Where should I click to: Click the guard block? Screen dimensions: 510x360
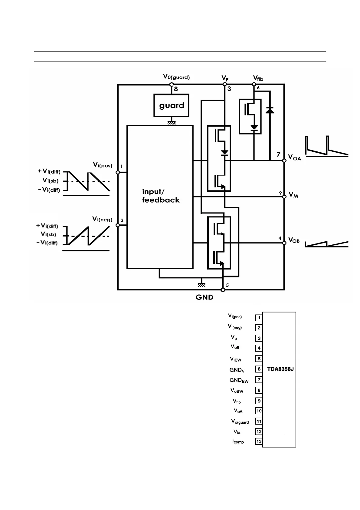(171, 105)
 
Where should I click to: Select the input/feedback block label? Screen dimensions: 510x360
(161, 196)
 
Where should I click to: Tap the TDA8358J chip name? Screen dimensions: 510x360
(280, 369)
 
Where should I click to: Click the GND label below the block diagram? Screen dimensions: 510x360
(205, 297)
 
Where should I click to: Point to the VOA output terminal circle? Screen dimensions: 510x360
(284, 161)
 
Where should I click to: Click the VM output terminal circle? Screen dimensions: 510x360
(284, 197)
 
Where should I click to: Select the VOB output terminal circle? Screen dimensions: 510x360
(284, 243)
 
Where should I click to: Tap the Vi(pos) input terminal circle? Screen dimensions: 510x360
(118, 172)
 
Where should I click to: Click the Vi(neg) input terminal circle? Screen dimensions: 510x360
(118, 225)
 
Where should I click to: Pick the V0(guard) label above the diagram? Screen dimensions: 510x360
(176, 77)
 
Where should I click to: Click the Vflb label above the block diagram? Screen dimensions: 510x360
(258, 79)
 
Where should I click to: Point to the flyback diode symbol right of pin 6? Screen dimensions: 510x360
(270, 111)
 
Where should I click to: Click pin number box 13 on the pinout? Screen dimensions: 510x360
(259, 442)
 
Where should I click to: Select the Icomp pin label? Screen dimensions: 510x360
(238, 442)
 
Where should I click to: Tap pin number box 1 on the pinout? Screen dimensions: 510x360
(259, 318)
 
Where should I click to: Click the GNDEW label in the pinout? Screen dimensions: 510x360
(239, 380)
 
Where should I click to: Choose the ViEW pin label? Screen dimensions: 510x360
(236, 359)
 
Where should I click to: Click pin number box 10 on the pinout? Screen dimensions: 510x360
(259, 411)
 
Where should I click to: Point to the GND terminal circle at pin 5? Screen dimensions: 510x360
(223, 290)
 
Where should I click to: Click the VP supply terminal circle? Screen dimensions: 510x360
(224, 84)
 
